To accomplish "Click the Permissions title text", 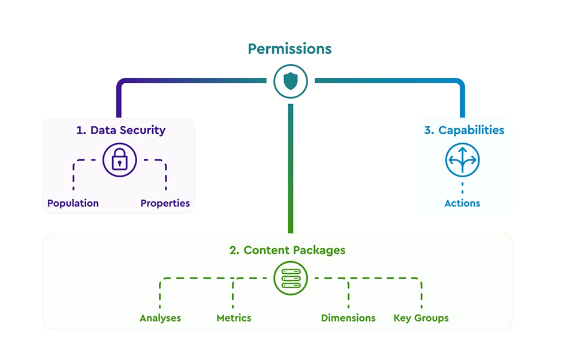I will pos(289,49).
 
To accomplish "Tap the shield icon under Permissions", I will pos(291,81).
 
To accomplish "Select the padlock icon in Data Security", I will pos(120,160).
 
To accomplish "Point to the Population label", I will pos(73,203).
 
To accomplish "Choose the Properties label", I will pos(165,203).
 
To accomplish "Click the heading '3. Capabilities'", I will pos(464,130).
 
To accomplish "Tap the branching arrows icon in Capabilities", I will pos(462,160).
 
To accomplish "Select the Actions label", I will pos(462,203).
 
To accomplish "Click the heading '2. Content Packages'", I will pos(287,250).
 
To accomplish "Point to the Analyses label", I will pos(160,318).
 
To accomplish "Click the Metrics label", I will pos(234,318).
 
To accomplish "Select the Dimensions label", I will pos(348,318).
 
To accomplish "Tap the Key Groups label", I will pos(421,318).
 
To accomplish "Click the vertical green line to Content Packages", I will pos(291,174).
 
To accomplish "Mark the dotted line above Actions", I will pos(462,186).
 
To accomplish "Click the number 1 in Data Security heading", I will pos(79,130).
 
